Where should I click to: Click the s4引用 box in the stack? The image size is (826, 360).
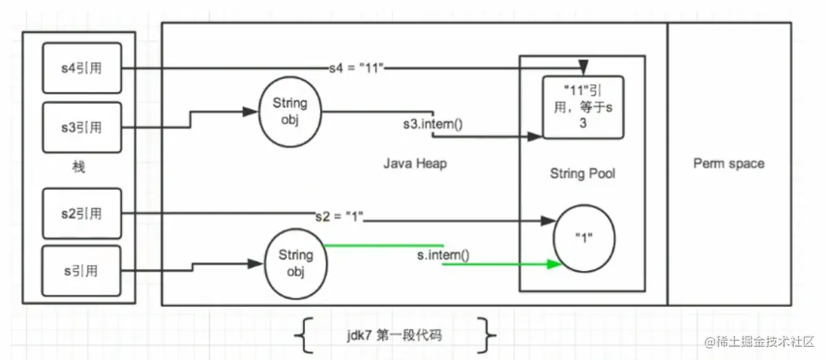pos(82,68)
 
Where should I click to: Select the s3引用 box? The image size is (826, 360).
pos(82,127)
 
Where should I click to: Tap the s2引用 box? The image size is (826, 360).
pos(82,213)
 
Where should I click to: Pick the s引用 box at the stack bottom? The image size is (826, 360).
pos(82,271)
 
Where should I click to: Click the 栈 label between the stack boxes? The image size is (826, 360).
pos(78,167)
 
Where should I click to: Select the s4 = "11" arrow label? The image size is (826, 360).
pos(355,69)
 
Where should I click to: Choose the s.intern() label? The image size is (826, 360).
pos(443,255)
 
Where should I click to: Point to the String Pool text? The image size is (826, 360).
pos(582,174)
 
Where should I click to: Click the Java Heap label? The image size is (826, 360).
pos(414,164)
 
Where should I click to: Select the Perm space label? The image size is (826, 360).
pos(728,164)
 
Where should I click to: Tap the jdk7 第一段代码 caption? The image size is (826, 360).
pos(394,336)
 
